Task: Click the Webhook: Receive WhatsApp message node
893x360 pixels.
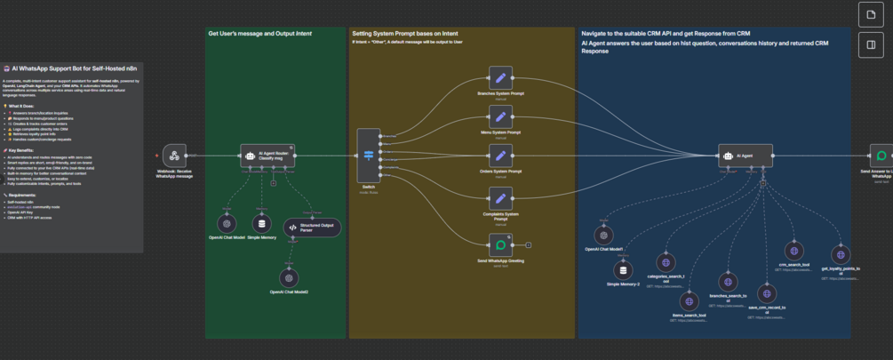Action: coord(174,156)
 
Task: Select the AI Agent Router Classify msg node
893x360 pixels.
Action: coord(267,156)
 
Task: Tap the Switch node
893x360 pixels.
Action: coord(369,156)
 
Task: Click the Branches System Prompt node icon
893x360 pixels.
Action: coord(500,77)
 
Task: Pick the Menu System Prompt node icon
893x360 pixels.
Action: coord(500,116)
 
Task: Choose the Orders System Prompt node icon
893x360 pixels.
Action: coord(500,156)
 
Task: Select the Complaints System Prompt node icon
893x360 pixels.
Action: coord(500,198)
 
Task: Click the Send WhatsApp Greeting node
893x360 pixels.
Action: coord(500,244)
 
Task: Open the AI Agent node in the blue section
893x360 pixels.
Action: coord(745,156)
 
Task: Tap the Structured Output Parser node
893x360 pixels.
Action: coord(312,228)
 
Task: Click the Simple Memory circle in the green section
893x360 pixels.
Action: coord(261,224)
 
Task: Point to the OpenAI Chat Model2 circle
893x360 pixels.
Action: coord(289,278)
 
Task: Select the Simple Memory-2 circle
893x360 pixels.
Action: coord(623,270)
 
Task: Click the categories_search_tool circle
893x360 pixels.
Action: coord(666,262)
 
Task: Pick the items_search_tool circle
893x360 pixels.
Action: coord(690,302)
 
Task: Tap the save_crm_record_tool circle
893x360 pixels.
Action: coord(767,293)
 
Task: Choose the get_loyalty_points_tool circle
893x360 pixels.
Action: coord(838,255)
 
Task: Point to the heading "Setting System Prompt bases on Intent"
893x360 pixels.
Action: coord(404,34)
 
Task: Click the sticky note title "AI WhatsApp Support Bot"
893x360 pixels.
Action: coord(76,68)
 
